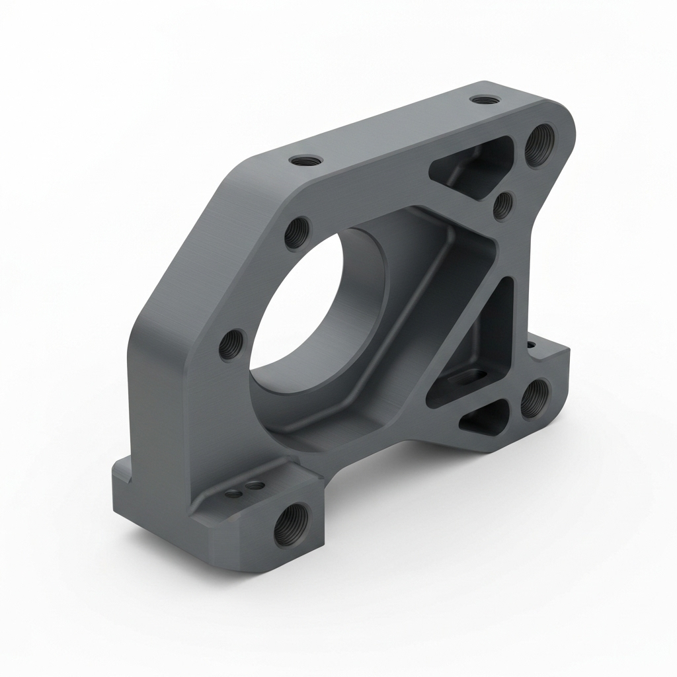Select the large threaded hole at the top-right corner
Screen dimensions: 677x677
pos(539,145)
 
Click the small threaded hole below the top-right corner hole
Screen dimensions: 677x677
pos(504,205)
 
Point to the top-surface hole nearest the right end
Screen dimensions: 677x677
pos(481,100)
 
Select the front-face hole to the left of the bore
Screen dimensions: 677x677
pos(231,344)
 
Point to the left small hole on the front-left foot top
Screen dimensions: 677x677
pos(233,493)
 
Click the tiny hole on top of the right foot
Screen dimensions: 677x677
pos(531,344)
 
